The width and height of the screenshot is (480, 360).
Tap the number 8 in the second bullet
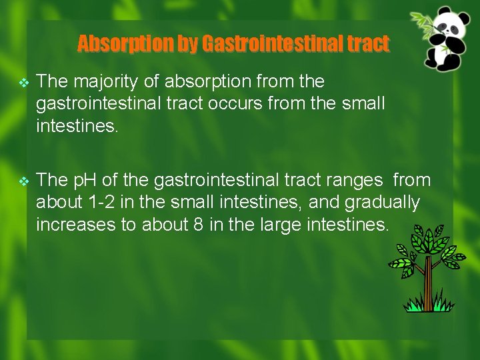[197, 225]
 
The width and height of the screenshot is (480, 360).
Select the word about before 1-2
[56, 203]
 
